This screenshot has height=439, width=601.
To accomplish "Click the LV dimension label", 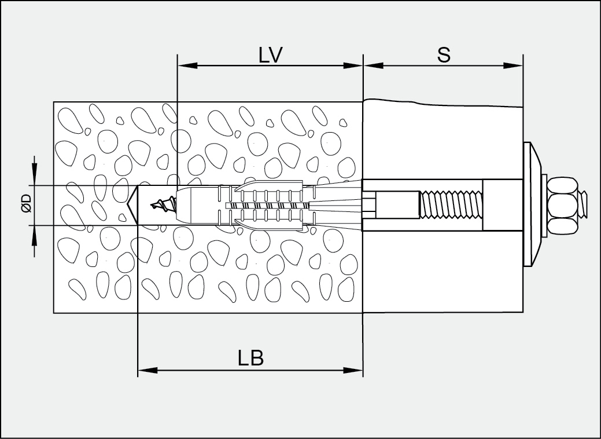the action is [271, 55].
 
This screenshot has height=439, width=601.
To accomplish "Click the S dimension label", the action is [444, 55].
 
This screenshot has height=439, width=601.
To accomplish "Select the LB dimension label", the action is [250, 358].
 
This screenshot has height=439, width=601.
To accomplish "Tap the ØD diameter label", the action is [26, 203].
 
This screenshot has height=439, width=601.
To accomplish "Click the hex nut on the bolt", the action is [562, 206].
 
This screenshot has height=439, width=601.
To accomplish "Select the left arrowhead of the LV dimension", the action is [187, 65].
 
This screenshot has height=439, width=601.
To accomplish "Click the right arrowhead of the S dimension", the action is [513, 65].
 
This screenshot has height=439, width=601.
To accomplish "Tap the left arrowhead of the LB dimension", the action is [148, 370].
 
